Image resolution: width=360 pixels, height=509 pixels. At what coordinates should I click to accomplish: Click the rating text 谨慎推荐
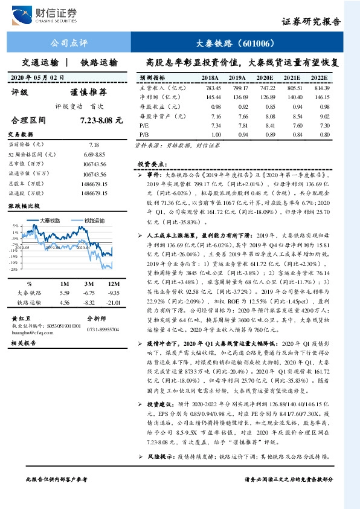click(x=88, y=92)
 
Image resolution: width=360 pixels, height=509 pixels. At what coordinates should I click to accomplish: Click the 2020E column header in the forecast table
click(x=265, y=78)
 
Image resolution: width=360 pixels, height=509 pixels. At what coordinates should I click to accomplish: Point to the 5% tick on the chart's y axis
click(x=14, y=227)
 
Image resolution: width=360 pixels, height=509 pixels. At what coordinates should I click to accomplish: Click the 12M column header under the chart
click(x=109, y=284)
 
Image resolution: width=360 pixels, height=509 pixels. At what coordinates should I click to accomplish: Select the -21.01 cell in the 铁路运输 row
click(x=109, y=302)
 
